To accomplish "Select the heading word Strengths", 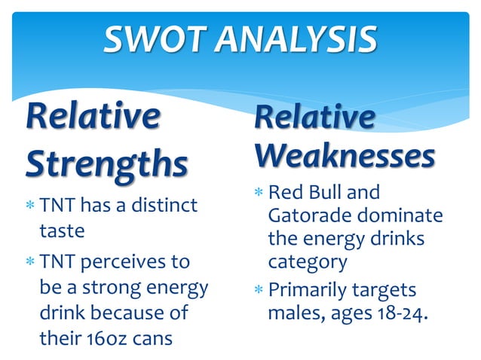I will tap(106, 164).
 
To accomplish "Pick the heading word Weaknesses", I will tap(345, 156).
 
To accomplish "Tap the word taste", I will tap(62, 230).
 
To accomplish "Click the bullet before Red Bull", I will tap(258, 194).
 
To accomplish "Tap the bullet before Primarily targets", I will tap(258, 290).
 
